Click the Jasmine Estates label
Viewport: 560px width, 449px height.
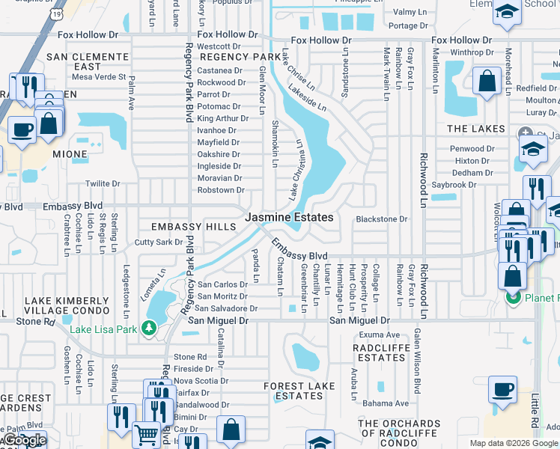coord(288,217)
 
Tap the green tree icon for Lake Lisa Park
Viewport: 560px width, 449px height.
coord(150,329)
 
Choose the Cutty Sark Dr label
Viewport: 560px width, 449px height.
coord(159,242)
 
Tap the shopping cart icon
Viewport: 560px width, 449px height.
coord(145,433)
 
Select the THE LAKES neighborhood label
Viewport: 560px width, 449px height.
coord(476,129)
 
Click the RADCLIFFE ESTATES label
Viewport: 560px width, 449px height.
coord(381,352)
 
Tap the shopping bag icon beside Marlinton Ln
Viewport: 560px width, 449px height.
coord(487,83)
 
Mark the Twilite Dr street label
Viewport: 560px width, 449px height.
coord(103,183)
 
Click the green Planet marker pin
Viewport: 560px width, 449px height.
coord(513,298)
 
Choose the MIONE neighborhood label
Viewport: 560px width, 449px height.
coord(70,153)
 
